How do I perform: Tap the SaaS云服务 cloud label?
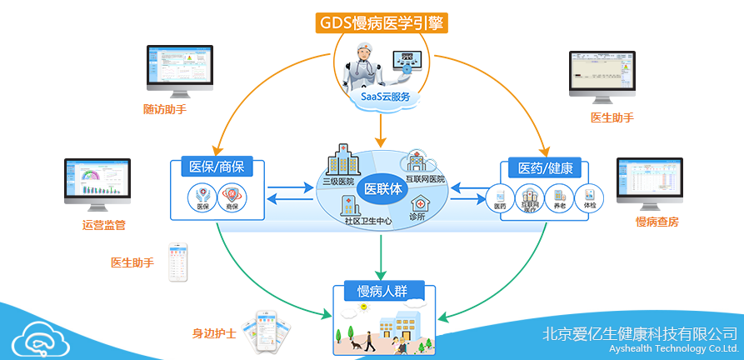point(384,97)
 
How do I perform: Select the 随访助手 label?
point(165,109)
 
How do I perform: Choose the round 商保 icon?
point(231,197)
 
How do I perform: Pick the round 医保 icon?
point(201,197)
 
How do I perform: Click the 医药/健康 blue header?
point(546,168)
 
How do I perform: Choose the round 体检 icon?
point(590,197)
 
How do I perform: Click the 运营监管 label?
point(104,225)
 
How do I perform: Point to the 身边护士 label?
point(214,333)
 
